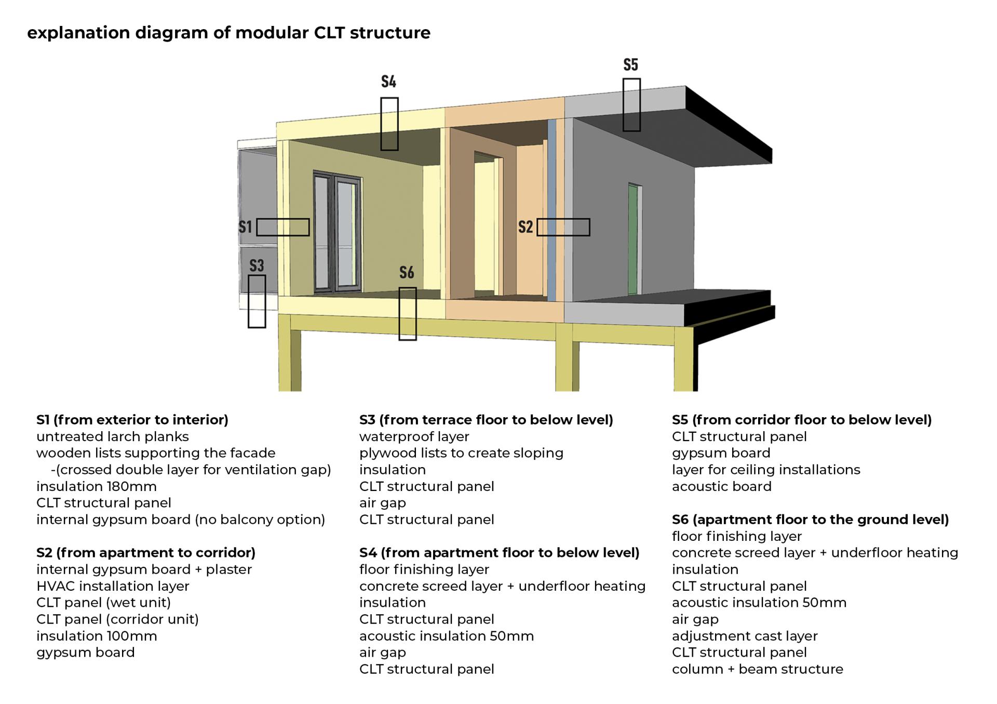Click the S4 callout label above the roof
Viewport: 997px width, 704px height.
click(388, 82)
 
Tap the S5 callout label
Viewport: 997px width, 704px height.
click(630, 65)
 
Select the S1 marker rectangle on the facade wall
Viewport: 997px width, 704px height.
click(283, 227)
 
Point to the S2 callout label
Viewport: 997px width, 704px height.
click(526, 227)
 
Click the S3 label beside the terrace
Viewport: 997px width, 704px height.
click(257, 265)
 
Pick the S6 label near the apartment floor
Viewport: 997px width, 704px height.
click(407, 272)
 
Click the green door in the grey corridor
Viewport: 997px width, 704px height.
click(633, 239)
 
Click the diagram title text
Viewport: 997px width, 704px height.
click(228, 33)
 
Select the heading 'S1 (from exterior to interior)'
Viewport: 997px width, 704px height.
click(132, 420)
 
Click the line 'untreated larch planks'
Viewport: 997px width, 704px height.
click(113, 436)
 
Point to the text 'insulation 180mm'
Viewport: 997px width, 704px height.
click(97, 486)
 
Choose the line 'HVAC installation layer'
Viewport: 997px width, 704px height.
click(113, 586)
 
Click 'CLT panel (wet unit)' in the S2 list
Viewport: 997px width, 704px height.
click(104, 603)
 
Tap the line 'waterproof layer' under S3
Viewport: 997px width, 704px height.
click(414, 436)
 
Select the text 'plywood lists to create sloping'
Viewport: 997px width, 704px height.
click(461, 453)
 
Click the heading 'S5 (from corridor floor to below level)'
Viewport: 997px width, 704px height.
click(801, 420)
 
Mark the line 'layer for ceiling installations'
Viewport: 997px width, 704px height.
click(766, 470)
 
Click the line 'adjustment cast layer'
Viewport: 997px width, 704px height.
click(745, 636)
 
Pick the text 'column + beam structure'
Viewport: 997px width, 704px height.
click(757, 669)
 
